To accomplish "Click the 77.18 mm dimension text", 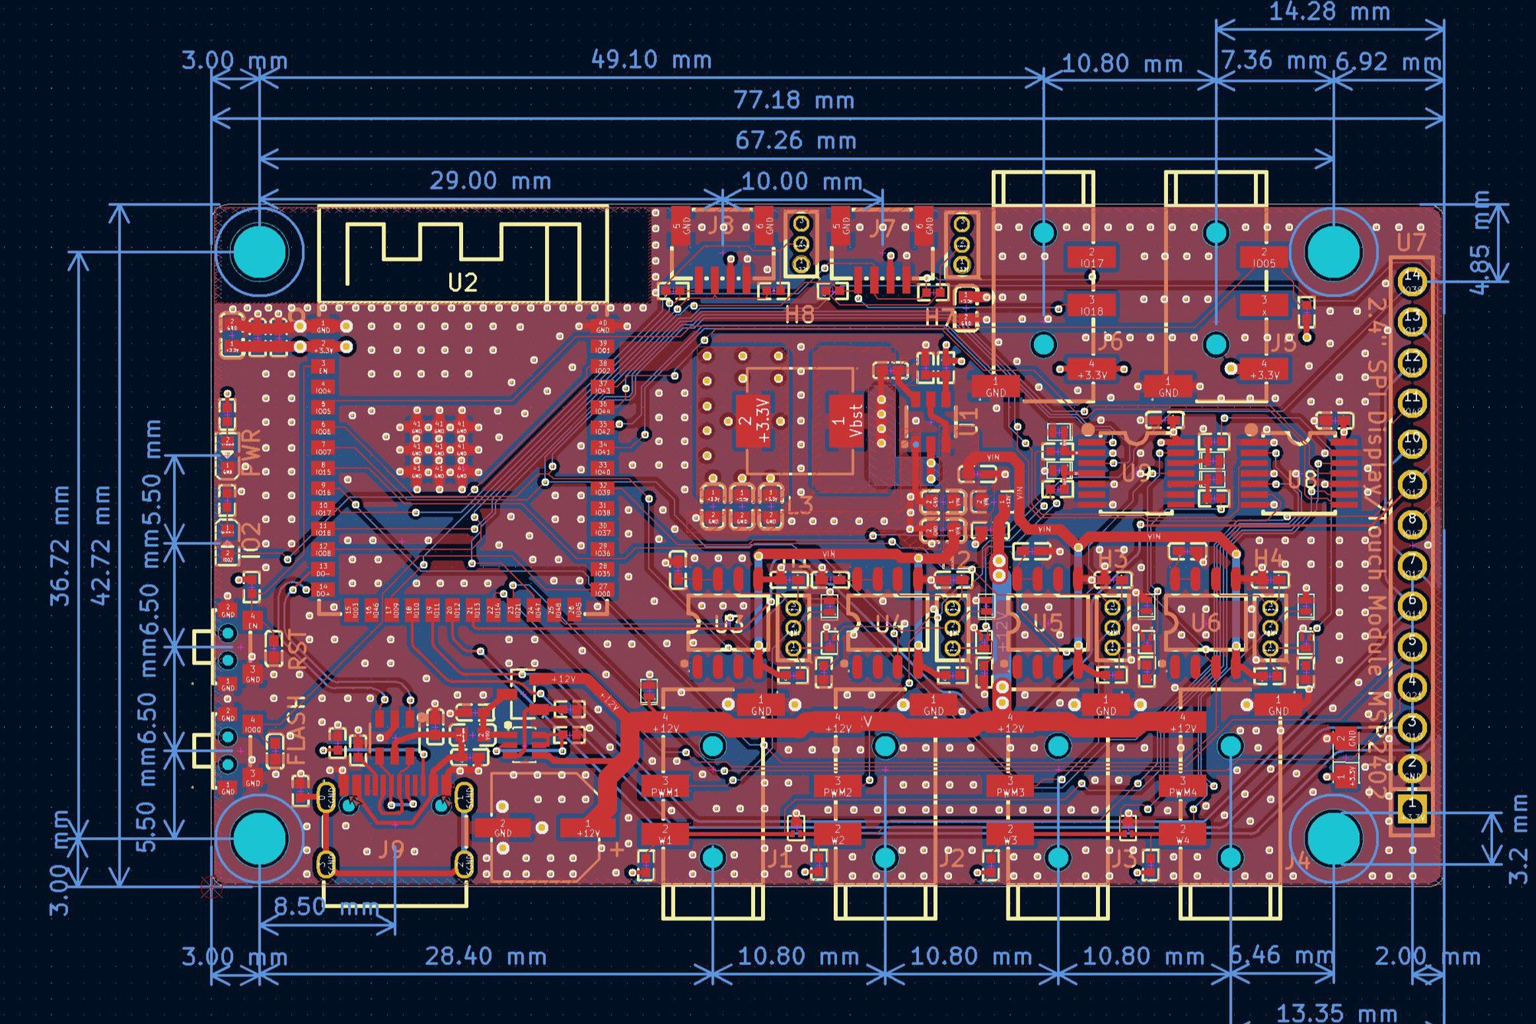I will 794,100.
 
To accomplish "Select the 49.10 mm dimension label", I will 651,60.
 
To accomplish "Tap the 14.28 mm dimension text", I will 1329,12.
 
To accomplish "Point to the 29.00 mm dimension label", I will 490,182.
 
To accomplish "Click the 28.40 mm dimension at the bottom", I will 485,957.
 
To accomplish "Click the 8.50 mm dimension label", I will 327,907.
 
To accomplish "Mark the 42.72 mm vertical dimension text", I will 100,544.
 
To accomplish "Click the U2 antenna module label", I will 463,283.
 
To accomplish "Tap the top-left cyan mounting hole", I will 260,251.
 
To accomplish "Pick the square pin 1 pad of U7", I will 1411,807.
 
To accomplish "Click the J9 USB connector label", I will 392,848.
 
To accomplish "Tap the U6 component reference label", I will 1205,622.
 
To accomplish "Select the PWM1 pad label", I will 665,789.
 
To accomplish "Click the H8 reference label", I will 799,314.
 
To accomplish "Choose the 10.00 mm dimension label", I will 802,182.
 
